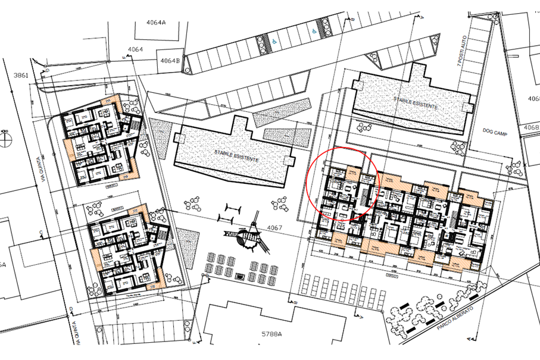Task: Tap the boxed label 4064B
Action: [x=169, y=61]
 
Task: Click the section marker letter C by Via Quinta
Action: [x=40, y=231]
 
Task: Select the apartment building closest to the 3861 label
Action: [x=101, y=141]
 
